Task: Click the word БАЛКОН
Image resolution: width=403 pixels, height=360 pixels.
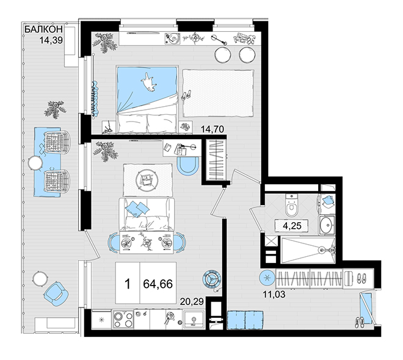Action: [44, 29]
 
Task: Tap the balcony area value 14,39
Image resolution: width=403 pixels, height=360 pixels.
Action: [51, 40]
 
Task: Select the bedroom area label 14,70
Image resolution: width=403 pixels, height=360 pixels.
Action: [212, 129]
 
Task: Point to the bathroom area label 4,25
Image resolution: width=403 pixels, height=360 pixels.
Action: [292, 226]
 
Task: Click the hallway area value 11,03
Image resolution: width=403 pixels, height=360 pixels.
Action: [274, 294]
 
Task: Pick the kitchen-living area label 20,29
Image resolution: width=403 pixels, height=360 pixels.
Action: [192, 301]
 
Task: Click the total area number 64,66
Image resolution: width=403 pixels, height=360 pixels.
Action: [158, 284]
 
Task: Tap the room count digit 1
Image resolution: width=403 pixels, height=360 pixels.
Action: [127, 284]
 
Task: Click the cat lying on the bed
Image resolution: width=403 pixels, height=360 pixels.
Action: [148, 82]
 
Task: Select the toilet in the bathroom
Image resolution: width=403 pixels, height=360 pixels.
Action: [292, 205]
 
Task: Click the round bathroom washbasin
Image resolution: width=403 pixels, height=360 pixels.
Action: [327, 225]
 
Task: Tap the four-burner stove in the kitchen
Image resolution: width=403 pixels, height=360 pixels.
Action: [123, 319]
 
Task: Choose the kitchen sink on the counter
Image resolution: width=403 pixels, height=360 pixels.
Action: [194, 320]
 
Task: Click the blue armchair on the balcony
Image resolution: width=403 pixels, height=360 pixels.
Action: [56, 293]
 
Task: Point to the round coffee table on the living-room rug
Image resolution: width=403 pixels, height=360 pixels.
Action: [146, 179]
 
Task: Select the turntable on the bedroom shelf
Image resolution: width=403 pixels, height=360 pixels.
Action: [172, 39]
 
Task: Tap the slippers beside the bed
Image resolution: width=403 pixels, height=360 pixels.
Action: [187, 95]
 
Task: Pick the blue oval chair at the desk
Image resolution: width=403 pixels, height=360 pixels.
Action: [187, 166]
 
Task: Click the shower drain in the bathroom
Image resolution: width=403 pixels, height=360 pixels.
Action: [321, 250]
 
